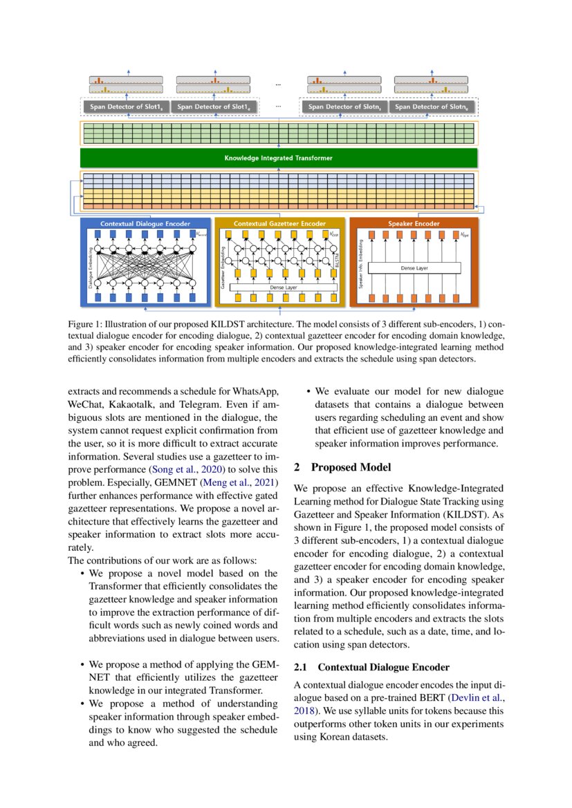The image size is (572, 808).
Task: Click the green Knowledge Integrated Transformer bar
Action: coord(278,158)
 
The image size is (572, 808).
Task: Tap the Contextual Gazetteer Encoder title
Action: coord(279,224)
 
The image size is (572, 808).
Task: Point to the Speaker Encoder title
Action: coord(414,224)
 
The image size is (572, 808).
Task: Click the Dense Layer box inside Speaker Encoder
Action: coord(414,267)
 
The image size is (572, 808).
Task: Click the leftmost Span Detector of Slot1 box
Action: coord(126,107)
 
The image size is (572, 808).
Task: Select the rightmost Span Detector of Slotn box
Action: coord(431,107)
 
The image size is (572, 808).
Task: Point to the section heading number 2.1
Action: coord(302,667)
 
